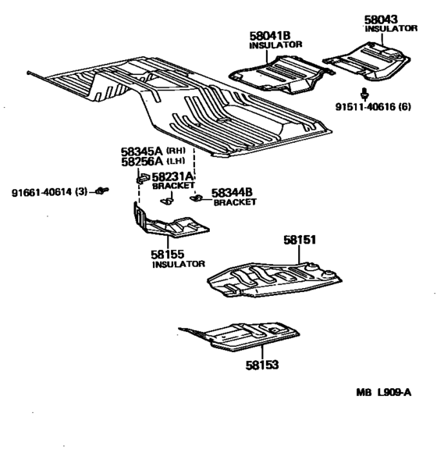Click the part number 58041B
[269, 36]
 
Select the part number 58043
[381, 19]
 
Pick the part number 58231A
[173, 177]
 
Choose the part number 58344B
[233, 191]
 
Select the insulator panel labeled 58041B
[281, 74]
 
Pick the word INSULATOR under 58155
[176, 265]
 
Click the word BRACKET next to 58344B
[236, 201]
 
